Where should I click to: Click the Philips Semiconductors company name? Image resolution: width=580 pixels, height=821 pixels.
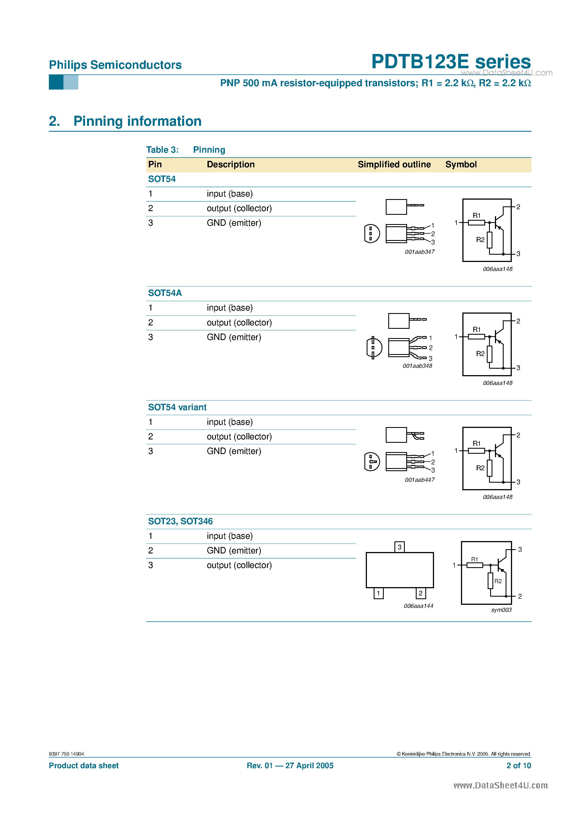click(x=115, y=65)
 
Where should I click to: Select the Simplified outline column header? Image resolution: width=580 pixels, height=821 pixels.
click(x=394, y=165)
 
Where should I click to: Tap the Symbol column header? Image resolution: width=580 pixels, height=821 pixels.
click(x=461, y=165)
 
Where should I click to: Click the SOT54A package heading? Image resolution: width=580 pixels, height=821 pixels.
click(x=165, y=293)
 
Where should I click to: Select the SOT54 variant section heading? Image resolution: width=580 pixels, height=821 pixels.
click(x=177, y=407)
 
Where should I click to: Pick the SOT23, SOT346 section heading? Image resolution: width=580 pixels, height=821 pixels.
click(x=180, y=521)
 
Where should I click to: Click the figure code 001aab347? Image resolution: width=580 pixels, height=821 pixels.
click(x=419, y=252)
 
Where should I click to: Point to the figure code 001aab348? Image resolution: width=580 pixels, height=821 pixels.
click(x=417, y=366)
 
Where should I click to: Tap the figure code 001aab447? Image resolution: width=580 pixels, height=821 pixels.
click(x=419, y=480)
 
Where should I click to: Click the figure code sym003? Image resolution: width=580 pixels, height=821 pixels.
click(x=501, y=610)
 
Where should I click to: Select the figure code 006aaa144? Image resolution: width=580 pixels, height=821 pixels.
click(x=418, y=606)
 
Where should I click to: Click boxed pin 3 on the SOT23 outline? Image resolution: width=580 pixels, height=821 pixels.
click(x=399, y=547)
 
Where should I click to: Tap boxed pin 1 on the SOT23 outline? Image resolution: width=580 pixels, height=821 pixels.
click(x=378, y=594)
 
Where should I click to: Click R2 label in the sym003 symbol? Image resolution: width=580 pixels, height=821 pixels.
click(x=498, y=581)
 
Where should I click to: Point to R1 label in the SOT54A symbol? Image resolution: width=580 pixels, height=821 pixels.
click(x=476, y=330)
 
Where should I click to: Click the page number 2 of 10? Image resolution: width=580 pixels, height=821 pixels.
click(x=519, y=766)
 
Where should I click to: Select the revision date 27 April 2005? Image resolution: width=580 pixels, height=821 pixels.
click(x=309, y=766)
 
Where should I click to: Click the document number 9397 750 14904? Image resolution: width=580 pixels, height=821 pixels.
click(x=66, y=754)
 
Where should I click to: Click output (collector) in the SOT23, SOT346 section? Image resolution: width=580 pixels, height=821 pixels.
click(x=239, y=565)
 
